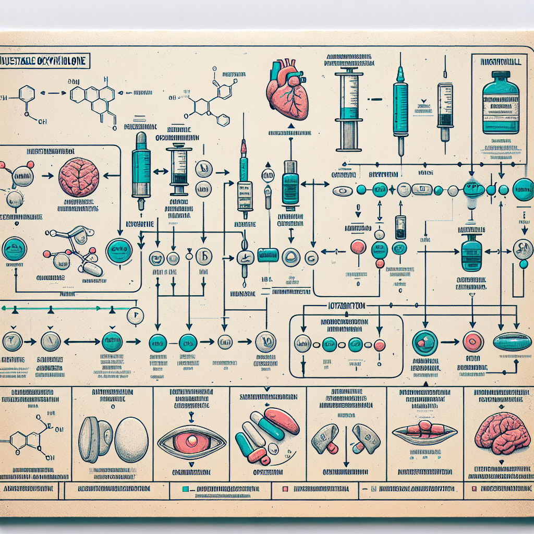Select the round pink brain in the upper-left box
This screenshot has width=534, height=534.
coord(79,178)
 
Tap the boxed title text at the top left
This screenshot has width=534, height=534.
coord(45,62)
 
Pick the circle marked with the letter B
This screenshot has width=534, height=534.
coord(204,257)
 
